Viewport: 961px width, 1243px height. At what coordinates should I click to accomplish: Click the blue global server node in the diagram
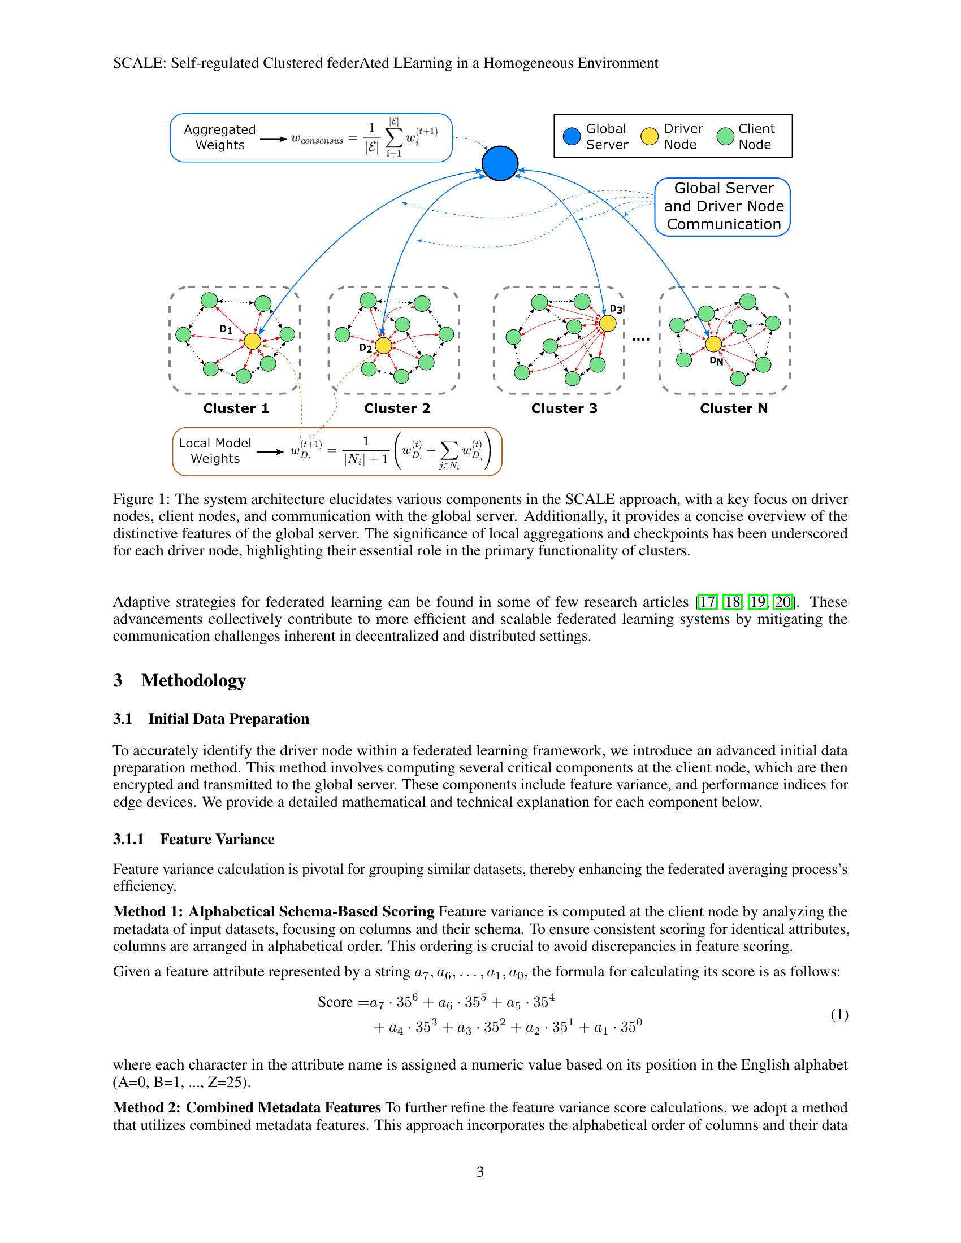[499, 163]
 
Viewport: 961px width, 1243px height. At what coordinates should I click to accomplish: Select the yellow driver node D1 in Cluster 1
[252, 341]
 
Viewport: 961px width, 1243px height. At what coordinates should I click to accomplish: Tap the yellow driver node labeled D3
[608, 323]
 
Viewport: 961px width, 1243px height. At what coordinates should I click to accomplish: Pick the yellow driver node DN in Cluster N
[713, 344]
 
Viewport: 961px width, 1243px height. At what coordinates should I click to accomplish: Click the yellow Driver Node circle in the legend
[650, 137]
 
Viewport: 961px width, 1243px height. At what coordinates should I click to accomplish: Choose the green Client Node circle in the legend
[725, 137]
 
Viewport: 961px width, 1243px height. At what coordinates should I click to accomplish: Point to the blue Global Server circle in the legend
[572, 137]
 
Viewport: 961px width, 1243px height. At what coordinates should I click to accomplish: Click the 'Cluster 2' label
[397, 408]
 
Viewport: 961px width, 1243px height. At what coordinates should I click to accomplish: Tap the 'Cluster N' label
[733, 408]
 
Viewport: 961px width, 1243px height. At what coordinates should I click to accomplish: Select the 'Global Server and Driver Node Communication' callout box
[723, 207]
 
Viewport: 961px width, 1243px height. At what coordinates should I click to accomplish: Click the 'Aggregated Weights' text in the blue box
[220, 137]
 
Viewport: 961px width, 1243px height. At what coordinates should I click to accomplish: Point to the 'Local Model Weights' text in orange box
[215, 451]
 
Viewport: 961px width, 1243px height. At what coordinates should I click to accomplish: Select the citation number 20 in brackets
[783, 602]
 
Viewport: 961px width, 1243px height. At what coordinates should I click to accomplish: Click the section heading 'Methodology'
[193, 680]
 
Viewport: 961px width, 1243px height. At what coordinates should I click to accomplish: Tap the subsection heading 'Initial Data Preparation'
[228, 719]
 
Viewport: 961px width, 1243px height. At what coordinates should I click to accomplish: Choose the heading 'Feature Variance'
[217, 839]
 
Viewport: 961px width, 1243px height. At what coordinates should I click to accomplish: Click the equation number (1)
[839, 1014]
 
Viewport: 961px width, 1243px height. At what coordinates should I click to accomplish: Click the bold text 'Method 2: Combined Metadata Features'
[247, 1107]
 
